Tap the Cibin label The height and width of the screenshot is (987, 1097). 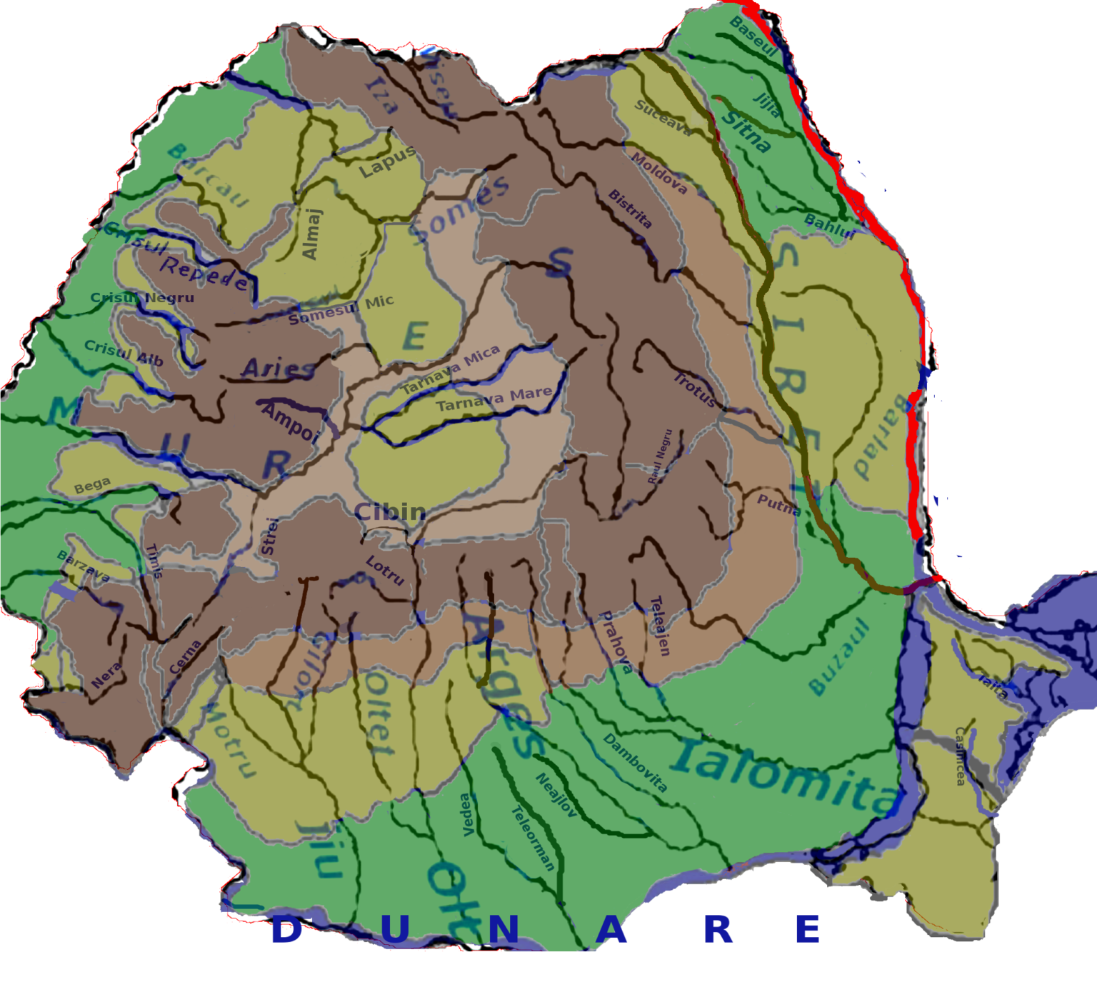coord(390,512)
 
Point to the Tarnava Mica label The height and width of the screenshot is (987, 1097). coord(450,370)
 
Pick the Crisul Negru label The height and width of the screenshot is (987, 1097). coord(142,298)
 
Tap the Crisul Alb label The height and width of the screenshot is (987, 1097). coord(124,352)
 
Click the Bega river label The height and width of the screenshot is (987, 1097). coord(92,486)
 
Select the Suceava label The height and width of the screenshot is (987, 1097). coord(663,118)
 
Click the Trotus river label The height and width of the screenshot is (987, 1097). coord(695,389)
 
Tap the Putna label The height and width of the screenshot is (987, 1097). coord(778,505)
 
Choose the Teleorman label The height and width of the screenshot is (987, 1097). coord(533,838)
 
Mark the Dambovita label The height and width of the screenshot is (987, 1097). coord(635,762)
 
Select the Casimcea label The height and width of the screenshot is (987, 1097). coord(960,756)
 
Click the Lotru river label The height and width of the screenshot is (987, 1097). coord(385,571)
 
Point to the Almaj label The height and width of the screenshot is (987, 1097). coord(311,234)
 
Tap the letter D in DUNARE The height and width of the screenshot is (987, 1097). coord(286,930)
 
